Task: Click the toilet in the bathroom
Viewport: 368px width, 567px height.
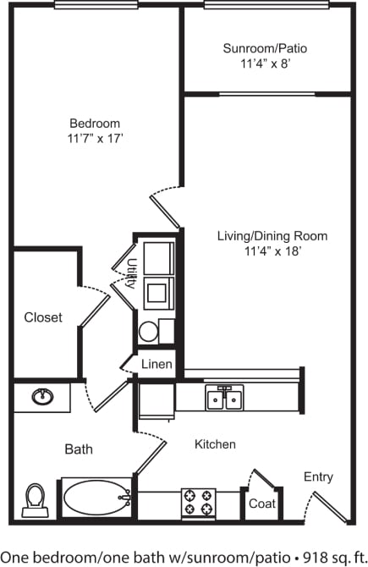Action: click(x=35, y=498)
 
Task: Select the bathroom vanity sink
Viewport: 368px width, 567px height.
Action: click(x=41, y=395)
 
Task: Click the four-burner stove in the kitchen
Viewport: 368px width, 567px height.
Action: click(x=199, y=503)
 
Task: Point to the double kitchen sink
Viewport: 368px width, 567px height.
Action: click(x=224, y=397)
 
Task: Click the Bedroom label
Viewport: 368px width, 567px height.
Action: click(x=94, y=123)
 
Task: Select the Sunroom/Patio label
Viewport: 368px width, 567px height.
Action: click(x=265, y=48)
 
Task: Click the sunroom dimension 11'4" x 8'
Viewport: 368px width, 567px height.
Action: click(x=265, y=63)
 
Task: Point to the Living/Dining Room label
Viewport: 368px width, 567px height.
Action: click(x=286, y=236)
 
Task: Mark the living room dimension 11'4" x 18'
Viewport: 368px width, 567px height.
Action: click(x=286, y=250)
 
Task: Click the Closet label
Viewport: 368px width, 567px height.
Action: click(x=42, y=317)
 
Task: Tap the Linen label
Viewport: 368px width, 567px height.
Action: click(x=157, y=365)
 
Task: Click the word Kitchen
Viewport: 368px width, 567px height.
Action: click(x=215, y=443)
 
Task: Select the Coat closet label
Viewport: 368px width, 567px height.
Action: click(x=261, y=503)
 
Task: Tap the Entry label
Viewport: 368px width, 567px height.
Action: click(x=318, y=477)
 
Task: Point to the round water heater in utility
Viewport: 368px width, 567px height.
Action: click(x=148, y=331)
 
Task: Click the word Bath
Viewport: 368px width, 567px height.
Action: click(x=79, y=449)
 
